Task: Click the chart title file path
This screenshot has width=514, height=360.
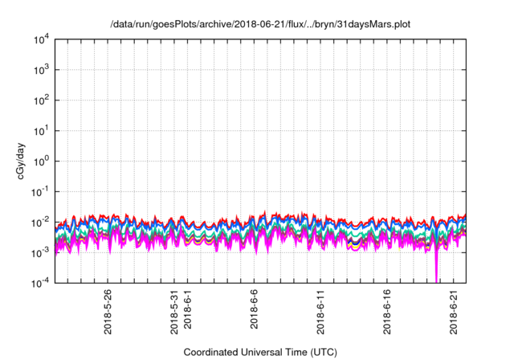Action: click(x=260, y=24)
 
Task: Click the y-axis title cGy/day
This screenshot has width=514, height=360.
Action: click(x=21, y=161)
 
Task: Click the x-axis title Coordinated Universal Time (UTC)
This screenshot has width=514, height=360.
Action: click(x=260, y=352)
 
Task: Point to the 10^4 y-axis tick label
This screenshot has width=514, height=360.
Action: click(x=42, y=40)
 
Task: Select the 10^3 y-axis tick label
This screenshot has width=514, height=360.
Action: click(x=42, y=70)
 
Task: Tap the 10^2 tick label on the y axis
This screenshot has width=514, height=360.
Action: click(x=42, y=100)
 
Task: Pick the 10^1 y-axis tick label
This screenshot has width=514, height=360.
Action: click(x=42, y=131)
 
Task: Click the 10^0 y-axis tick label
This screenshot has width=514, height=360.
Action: click(x=42, y=162)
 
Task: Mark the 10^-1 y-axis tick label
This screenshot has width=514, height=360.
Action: click(x=41, y=192)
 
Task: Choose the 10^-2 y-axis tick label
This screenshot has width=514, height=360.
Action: click(x=41, y=223)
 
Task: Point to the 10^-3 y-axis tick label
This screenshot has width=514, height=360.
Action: click(x=41, y=253)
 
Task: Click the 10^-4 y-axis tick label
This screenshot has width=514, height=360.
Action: click(x=41, y=283)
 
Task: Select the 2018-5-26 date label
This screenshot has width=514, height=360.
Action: click(x=108, y=312)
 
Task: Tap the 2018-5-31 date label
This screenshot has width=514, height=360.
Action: click(x=174, y=312)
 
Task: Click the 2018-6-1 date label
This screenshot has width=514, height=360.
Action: click(x=187, y=309)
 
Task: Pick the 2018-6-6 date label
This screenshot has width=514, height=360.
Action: click(x=254, y=309)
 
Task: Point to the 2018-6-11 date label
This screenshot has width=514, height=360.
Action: click(x=320, y=312)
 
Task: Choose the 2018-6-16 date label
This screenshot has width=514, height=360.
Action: click(x=387, y=312)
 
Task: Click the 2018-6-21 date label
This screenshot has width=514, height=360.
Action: click(x=454, y=312)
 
